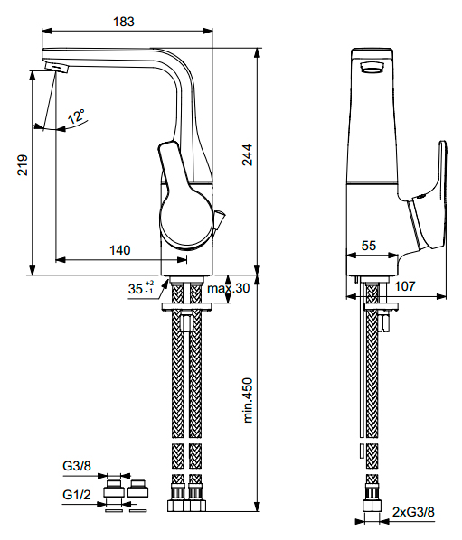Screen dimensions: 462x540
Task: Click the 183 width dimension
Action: [124, 22]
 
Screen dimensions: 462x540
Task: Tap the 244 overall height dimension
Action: [247, 155]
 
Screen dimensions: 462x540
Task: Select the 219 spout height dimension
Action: [23, 165]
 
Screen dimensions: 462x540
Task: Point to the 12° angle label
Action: [76, 116]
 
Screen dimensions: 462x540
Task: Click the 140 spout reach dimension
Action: [120, 250]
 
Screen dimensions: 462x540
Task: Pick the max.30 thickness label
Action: [228, 288]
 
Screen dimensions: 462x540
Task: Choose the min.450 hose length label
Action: [248, 400]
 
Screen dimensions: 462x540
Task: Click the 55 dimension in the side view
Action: [369, 246]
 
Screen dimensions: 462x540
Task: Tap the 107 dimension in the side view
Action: [405, 286]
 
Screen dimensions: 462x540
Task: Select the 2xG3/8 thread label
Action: [413, 512]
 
